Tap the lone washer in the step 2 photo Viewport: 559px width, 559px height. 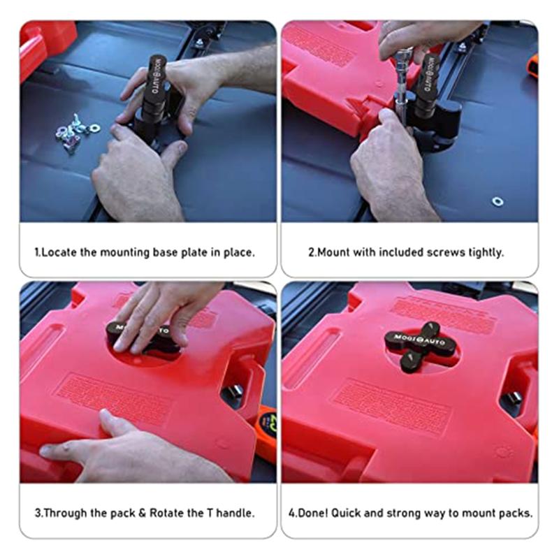point(498,201)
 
